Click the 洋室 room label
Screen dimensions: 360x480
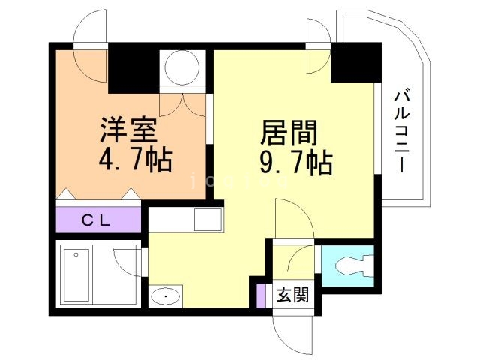pos(129,131)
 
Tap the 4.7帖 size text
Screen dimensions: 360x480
pos(135,160)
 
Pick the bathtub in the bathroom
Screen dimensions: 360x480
pos(77,274)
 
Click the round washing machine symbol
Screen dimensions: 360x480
pos(181,68)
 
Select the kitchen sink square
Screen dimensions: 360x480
pos(207,220)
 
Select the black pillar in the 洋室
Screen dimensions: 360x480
pos(133,69)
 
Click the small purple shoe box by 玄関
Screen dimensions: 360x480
pos(261,294)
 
